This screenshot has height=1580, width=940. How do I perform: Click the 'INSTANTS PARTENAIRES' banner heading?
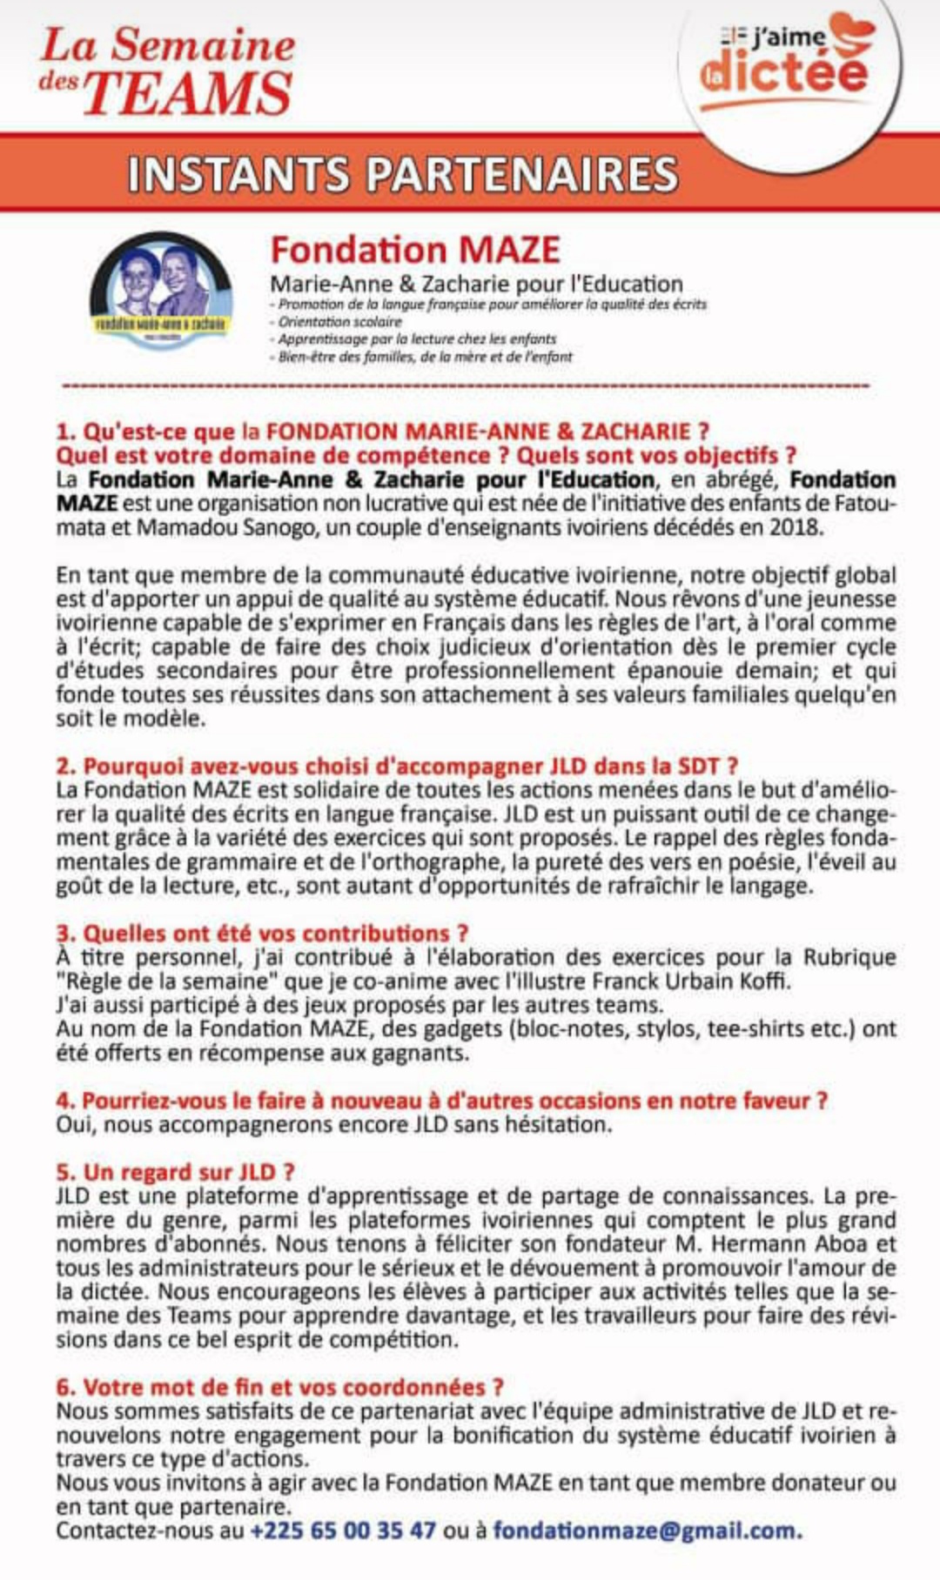click(x=402, y=174)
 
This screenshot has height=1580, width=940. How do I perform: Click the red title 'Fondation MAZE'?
click(x=415, y=251)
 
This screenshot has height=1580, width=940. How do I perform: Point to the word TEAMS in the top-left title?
click(x=187, y=94)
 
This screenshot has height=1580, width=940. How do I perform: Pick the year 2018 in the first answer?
click(x=794, y=528)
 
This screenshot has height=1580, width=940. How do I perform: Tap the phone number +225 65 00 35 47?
click(x=343, y=1530)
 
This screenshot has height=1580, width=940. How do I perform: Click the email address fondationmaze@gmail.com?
click(x=647, y=1530)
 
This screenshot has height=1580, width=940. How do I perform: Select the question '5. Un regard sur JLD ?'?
click(x=175, y=1172)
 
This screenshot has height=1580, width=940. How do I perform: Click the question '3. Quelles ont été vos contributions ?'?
click(x=262, y=934)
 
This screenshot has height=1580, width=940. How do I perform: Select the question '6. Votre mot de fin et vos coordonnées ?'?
click(x=279, y=1387)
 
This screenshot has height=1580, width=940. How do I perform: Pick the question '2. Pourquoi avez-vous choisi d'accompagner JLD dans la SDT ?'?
click(x=397, y=767)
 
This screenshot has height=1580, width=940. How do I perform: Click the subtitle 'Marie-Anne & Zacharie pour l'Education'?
click(x=476, y=285)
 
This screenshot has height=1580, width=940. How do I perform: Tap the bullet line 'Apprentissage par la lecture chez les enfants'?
click(x=417, y=339)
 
